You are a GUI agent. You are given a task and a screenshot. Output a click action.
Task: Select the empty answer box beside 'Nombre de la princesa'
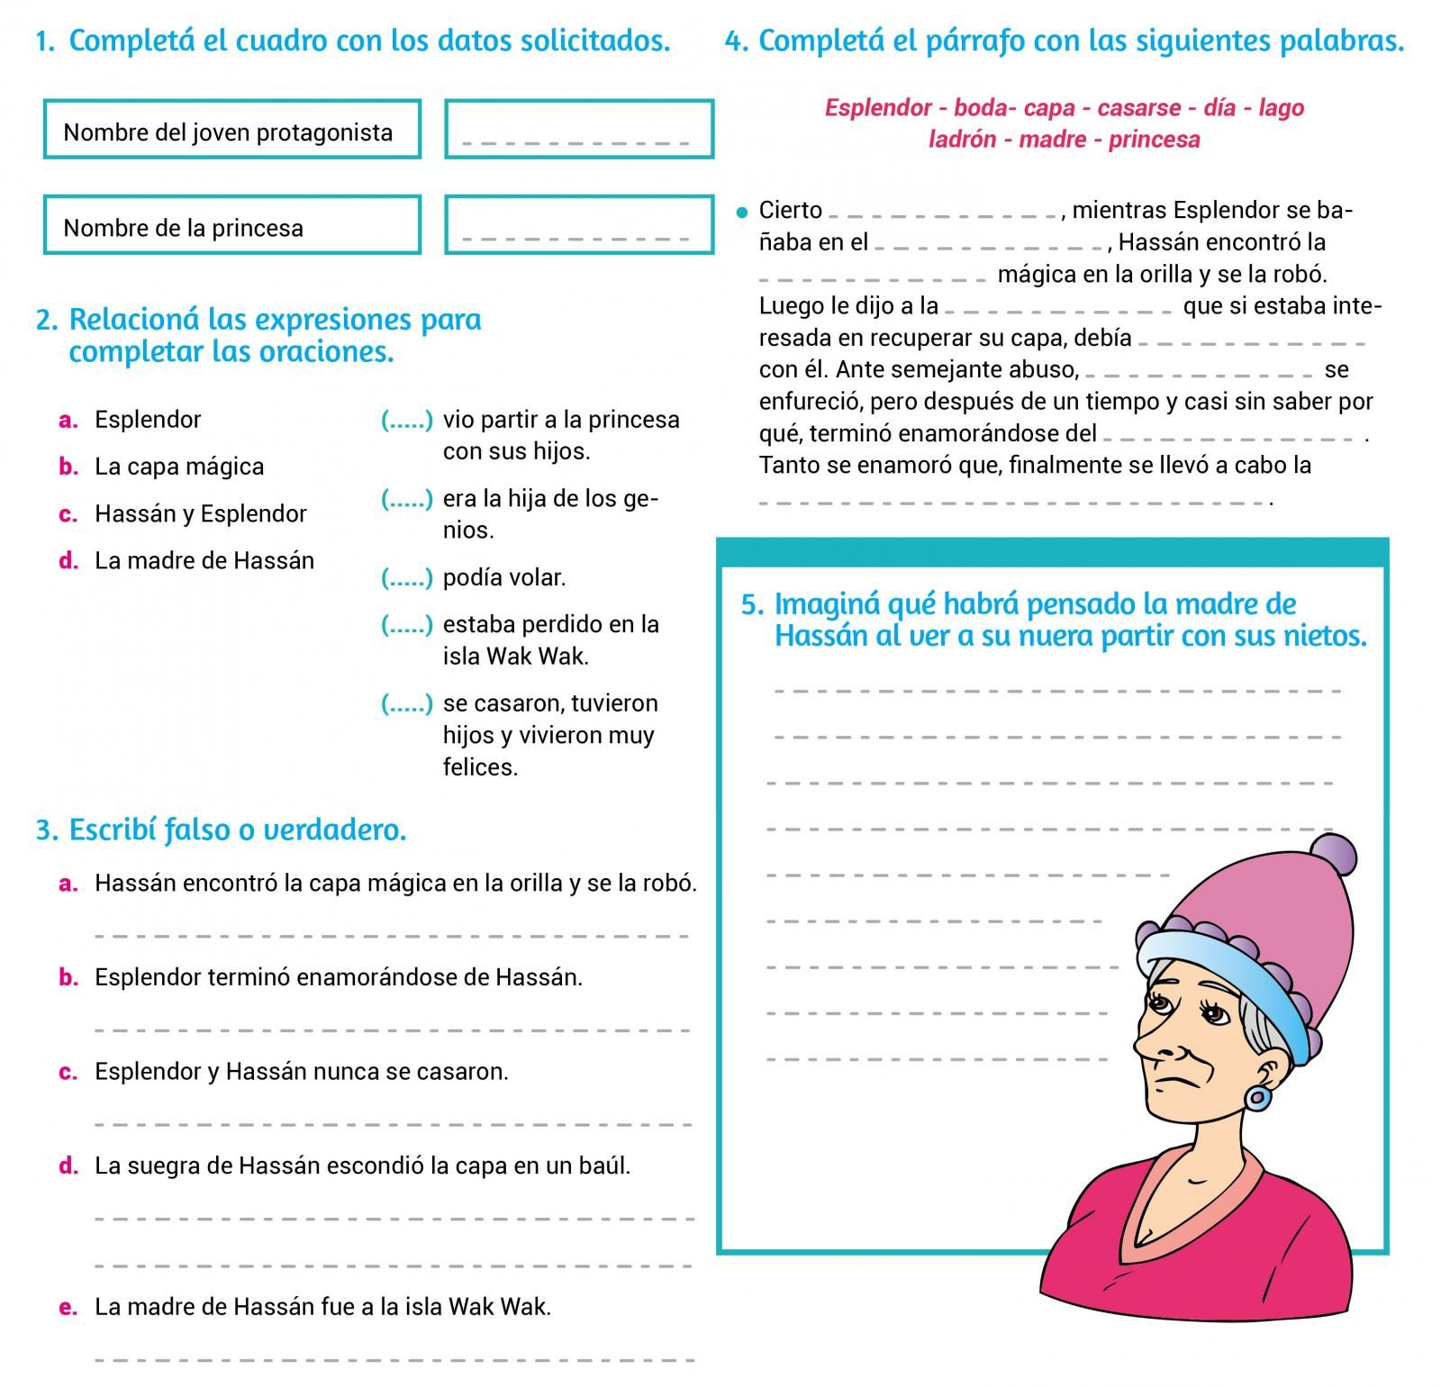578,225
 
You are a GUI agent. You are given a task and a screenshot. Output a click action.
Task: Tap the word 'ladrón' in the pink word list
962,140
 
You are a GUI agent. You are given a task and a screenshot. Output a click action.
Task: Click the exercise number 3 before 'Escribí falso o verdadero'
45,830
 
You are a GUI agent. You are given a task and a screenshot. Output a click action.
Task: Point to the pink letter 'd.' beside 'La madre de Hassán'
68,561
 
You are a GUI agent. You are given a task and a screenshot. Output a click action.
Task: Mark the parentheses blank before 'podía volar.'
406,578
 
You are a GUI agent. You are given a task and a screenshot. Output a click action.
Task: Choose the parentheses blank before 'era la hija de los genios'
406,499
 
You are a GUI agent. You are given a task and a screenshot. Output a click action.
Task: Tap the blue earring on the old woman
1257,1098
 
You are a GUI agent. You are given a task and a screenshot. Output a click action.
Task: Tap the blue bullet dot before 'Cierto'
742,213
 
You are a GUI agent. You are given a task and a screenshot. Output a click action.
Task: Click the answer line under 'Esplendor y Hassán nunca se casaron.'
393,1124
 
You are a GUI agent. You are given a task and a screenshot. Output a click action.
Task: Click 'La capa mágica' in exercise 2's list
179,467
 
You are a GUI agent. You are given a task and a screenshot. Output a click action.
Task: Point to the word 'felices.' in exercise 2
480,768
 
